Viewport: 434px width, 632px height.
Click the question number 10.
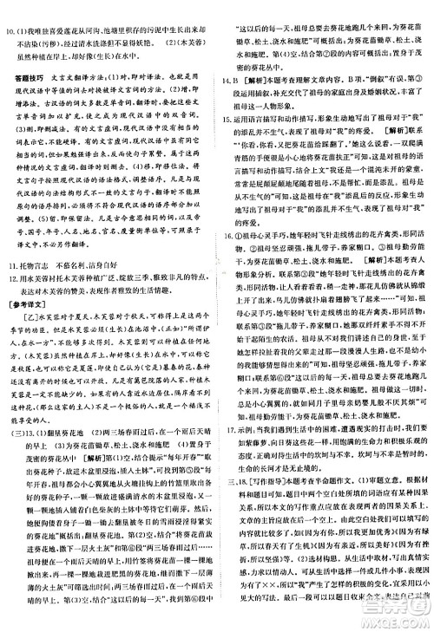click(12, 10)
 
